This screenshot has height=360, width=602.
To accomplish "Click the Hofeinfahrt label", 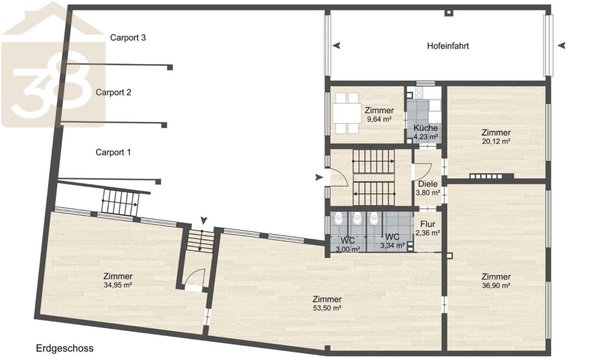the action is point(448,46).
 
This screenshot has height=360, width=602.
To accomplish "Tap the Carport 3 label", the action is point(128,38).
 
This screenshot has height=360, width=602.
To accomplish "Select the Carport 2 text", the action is point(113,92).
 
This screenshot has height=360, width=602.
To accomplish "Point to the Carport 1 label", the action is point(113,152).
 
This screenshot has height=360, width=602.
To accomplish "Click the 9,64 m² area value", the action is point(379,119).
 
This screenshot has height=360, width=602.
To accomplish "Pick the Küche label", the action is point(425,128).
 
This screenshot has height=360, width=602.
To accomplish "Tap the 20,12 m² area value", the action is point(496,141).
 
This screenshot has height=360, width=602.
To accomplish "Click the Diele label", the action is point(428,184).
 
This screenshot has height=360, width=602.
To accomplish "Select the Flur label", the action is point(427,224).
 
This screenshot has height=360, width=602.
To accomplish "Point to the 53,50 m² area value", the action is point(327,308).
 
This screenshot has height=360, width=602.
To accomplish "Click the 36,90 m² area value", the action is point(496,286).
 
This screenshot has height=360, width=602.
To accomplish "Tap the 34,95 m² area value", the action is point(118,285).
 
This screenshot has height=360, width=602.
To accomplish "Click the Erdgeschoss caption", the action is point(65,348).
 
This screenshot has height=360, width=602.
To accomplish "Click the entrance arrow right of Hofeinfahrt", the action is point(561,46).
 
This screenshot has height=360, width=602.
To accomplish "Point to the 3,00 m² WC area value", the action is point(348,250).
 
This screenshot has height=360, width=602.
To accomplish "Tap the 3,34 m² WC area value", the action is point(392,246).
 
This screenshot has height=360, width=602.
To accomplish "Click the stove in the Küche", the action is point(419,93).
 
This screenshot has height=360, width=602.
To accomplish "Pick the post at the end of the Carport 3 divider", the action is point(170,67).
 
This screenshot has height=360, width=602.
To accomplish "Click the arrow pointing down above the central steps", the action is point(204,221).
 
